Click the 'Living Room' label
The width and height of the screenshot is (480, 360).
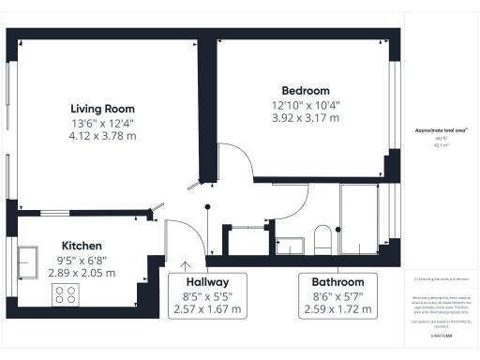pyautogui.click(x=102, y=107)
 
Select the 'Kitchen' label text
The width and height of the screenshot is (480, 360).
pyautogui.click(x=82, y=244)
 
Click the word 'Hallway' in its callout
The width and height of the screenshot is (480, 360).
pyautogui.click(x=207, y=281)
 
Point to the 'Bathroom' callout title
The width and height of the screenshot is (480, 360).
pyautogui.click(x=337, y=281)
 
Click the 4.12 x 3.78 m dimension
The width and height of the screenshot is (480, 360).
pyautogui.click(x=102, y=135)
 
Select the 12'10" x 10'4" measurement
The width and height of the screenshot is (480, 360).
pyautogui.click(x=305, y=104)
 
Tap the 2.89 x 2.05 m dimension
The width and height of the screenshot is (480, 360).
pyautogui.click(x=82, y=273)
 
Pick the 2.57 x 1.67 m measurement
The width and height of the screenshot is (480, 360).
pyautogui.click(x=207, y=309)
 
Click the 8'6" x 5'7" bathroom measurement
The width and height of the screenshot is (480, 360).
pyautogui.click(x=337, y=295)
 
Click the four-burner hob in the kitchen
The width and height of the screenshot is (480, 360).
pyautogui.click(x=67, y=294)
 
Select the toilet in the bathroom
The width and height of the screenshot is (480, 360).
pyautogui.click(x=322, y=239)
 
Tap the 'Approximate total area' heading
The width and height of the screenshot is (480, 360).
pyautogui.click(x=441, y=131)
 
